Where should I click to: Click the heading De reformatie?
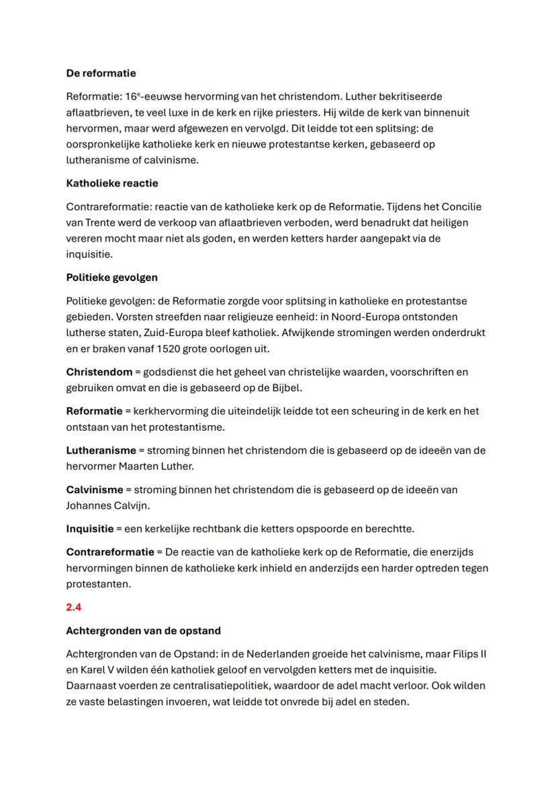(101, 73)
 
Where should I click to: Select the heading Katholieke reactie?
(112, 183)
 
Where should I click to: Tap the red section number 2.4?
(74, 607)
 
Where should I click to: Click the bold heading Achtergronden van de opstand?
(143, 631)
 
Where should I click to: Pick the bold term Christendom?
(98, 372)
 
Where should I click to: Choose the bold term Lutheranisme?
(101, 450)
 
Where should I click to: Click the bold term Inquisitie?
(90, 529)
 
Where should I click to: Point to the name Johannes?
(90, 506)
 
